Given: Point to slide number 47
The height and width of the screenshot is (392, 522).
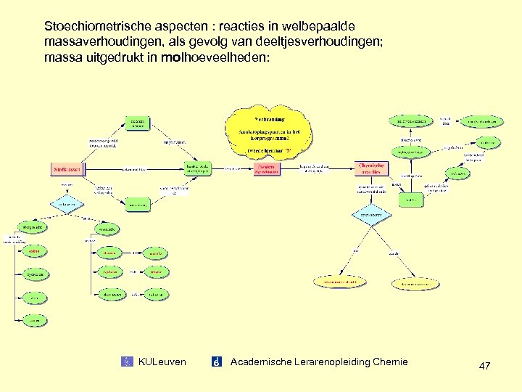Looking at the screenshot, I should tap(484, 367).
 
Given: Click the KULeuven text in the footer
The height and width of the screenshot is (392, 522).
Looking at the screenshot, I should tap(162, 362).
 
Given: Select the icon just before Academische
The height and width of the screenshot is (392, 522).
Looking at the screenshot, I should tap(216, 362).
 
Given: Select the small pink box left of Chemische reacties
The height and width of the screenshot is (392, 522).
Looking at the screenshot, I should tap(267, 169).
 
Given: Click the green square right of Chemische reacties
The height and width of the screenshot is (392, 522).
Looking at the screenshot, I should tap(411, 199).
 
